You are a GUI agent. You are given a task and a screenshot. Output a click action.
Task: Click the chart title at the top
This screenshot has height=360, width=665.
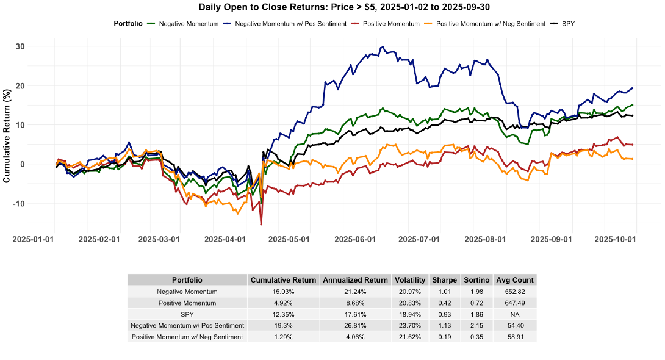(332, 7)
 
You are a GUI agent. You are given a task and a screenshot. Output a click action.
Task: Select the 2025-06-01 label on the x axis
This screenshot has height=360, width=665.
(358, 240)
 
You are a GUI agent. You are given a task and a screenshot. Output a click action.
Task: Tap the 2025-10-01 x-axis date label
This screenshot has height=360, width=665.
(616, 240)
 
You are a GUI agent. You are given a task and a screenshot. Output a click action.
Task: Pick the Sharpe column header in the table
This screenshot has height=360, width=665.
(445, 280)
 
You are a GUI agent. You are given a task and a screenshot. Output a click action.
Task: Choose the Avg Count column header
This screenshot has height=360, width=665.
(515, 280)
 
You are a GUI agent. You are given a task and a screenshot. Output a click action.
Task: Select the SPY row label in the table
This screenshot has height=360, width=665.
(187, 314)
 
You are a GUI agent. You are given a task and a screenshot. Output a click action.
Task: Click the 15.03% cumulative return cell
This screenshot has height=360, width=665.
(283, 292)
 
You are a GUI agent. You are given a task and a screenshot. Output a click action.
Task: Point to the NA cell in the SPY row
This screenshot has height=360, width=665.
(515, 314)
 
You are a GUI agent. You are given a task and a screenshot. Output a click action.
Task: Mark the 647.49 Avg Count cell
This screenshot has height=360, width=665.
(515, 303)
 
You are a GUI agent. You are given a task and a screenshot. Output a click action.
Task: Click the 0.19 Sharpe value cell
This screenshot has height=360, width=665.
(445, 337)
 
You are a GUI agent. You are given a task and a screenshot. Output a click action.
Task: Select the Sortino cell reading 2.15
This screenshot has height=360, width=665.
(477, 325)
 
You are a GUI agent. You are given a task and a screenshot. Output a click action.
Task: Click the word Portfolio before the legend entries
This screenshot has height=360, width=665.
(128, 24)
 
